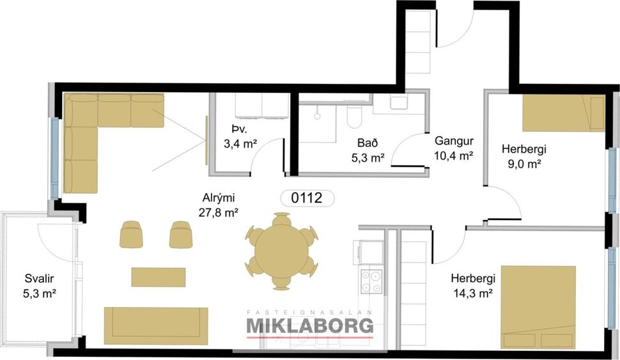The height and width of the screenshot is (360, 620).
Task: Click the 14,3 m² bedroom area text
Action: [x=472, y=293]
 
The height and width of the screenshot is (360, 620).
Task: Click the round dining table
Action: [x=281, y=251]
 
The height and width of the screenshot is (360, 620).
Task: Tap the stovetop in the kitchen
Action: [x=371, y=282]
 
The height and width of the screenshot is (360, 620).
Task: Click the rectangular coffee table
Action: [x=159, y=277]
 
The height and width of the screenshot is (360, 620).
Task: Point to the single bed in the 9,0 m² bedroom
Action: [x=563, y=114]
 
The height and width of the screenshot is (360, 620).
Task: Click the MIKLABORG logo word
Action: [x=310, y=326]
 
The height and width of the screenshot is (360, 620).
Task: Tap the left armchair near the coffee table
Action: [x=131, y=234]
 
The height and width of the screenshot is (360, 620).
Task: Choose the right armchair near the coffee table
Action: [x=181, y=234]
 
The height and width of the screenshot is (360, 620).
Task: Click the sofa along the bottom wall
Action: [x=156, y=325]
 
